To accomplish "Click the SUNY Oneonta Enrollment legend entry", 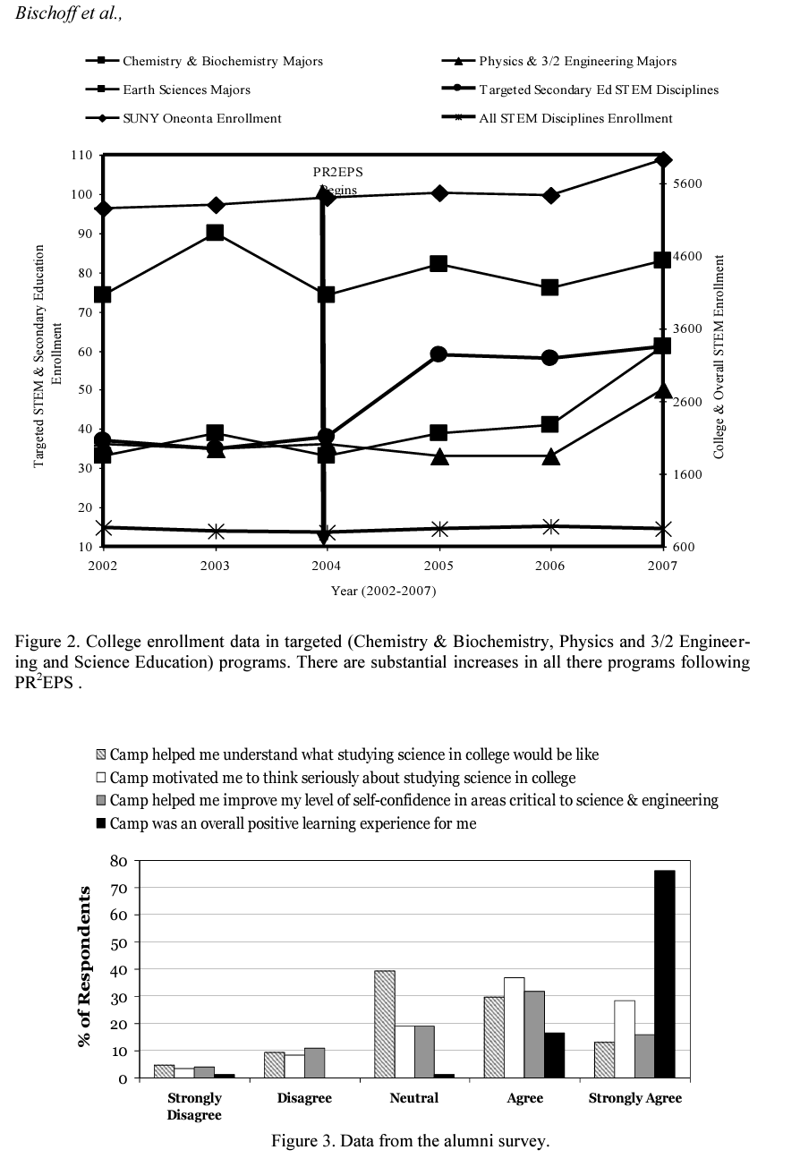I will tap(201, 118).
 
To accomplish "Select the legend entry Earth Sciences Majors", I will tap(186, 89).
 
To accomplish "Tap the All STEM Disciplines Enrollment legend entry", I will tap(575, 118).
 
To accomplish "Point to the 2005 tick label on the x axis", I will tap(438, 566).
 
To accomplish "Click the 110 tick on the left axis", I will tap(81, 155).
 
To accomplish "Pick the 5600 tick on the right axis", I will tap(690, 183).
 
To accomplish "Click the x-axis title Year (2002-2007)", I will tap(384, 591).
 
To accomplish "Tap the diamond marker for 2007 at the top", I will tap(662, 160).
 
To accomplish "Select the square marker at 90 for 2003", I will tap(215, 233).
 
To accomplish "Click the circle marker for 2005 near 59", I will tap(438, 354).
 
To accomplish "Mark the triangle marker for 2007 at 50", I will tap(662, 390).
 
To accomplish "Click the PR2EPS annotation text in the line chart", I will tap(337, 172).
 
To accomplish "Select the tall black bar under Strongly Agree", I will tap(664, 974).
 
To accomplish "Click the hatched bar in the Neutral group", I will tap(385, 1024).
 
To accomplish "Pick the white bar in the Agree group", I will tap(515, 1027).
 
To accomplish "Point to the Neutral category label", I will tap(414, 1098).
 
